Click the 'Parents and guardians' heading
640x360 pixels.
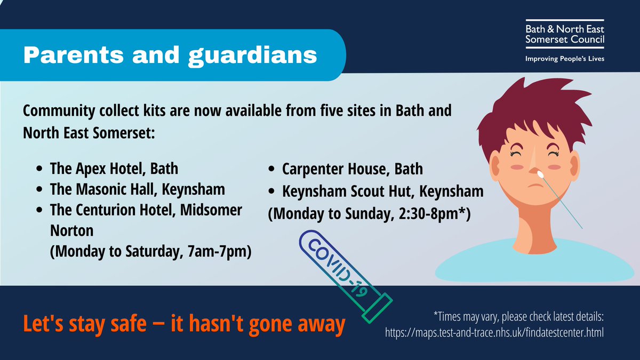click(x=170, y=55)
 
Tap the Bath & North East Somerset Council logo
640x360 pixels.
click(x=564, y=34)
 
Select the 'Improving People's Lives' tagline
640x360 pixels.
click(x=564, y=58)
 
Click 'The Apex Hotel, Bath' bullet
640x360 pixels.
click(x=114, y=169)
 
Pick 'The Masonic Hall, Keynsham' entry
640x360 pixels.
click(x=137, y=189)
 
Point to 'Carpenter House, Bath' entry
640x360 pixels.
click(x=352, y=169)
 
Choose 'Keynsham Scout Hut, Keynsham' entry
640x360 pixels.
click(x=382, y=191)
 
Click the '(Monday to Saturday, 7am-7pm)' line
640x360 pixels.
click(x=150, y=251)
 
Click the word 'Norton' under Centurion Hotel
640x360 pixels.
click(x=71, y=230)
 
